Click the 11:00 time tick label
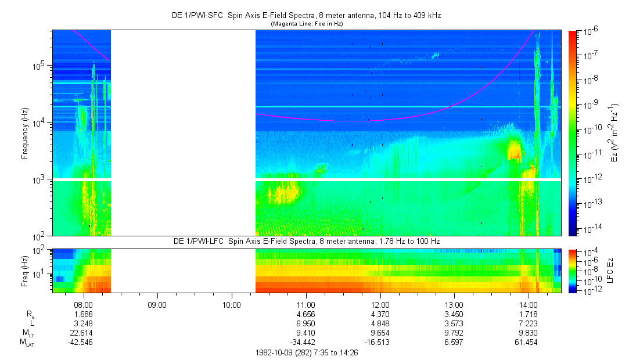click(x=306, y=304)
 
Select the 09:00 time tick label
click(x=157, y=304)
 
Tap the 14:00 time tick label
click(x=529, y=304)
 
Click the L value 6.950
click(x=306, y=323)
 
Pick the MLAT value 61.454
click(x=529, y=343)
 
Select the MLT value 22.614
click(x=84, y=333)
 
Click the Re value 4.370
click(x=380, y=314)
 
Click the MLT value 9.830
click(x=529, y=333)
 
